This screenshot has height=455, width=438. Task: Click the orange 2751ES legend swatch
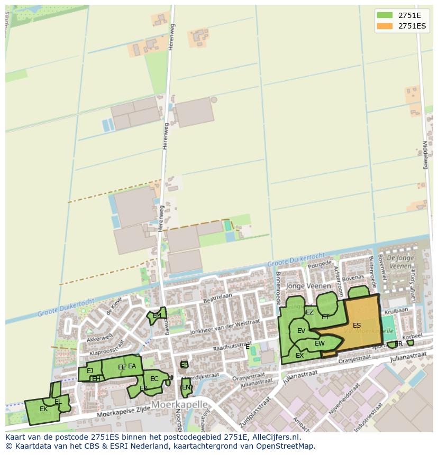coord(385,26)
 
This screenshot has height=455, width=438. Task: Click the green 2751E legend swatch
coord(385,15)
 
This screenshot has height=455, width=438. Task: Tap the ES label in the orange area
coord(357,326)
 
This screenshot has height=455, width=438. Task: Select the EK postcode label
coord(43,408)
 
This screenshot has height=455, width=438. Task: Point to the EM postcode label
coord(157,315)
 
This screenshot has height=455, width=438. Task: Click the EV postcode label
coord(301,331)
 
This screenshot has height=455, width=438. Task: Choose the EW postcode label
coord(320,343)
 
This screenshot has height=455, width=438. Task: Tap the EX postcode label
coord(299,356)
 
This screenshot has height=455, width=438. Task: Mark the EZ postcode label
coord(309,312)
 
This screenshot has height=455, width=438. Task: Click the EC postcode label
coord(154,378)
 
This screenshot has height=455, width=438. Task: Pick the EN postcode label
coord(186,387)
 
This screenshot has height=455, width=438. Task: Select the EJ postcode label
coord(90,370)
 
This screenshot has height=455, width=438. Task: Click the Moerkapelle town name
coord(179,404)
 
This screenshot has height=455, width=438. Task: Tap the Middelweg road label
coord(425,154)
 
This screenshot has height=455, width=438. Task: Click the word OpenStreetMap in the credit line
coord(285,445)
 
